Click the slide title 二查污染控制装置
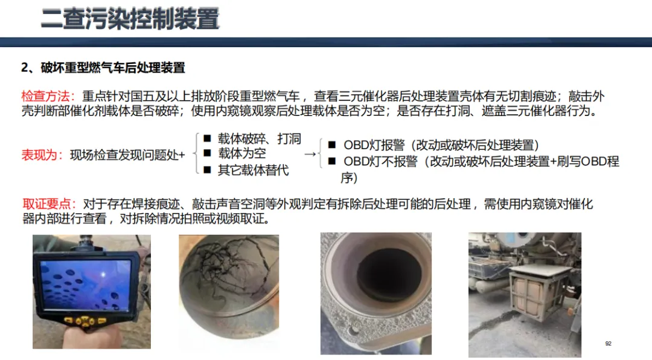coord(130,19)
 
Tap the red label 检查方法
coord(45,96)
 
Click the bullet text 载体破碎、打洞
coord(259,138)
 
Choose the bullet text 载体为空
coord(242,153)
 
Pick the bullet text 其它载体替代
coord(253,170)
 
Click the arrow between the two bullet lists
coord(310,155)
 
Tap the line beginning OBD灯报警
coord(441,145)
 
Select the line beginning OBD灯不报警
coord(481,169)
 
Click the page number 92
coord(609,343)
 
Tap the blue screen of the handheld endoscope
coord(85,286)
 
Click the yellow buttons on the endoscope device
coord(85,321)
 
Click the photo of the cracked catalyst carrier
coord(229,287)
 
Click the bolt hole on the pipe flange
coord(354,331)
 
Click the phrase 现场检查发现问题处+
coord(127,155)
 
